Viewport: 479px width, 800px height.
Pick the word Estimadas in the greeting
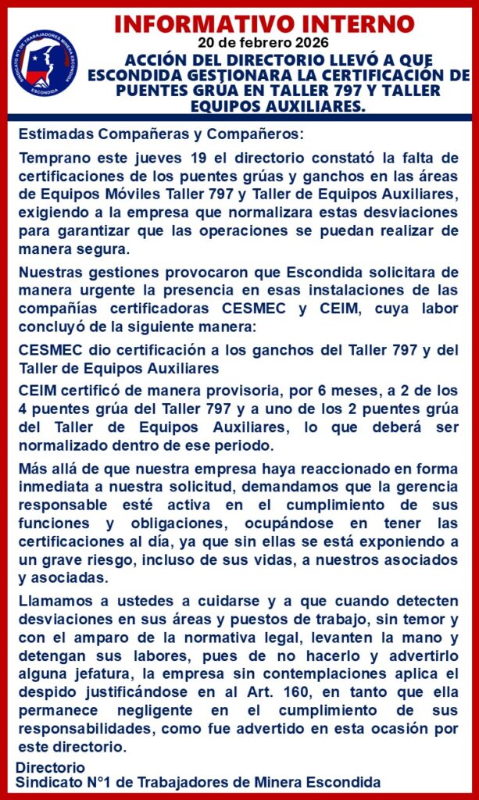click(51, 134)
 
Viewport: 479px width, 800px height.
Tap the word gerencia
click(428, 484)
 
